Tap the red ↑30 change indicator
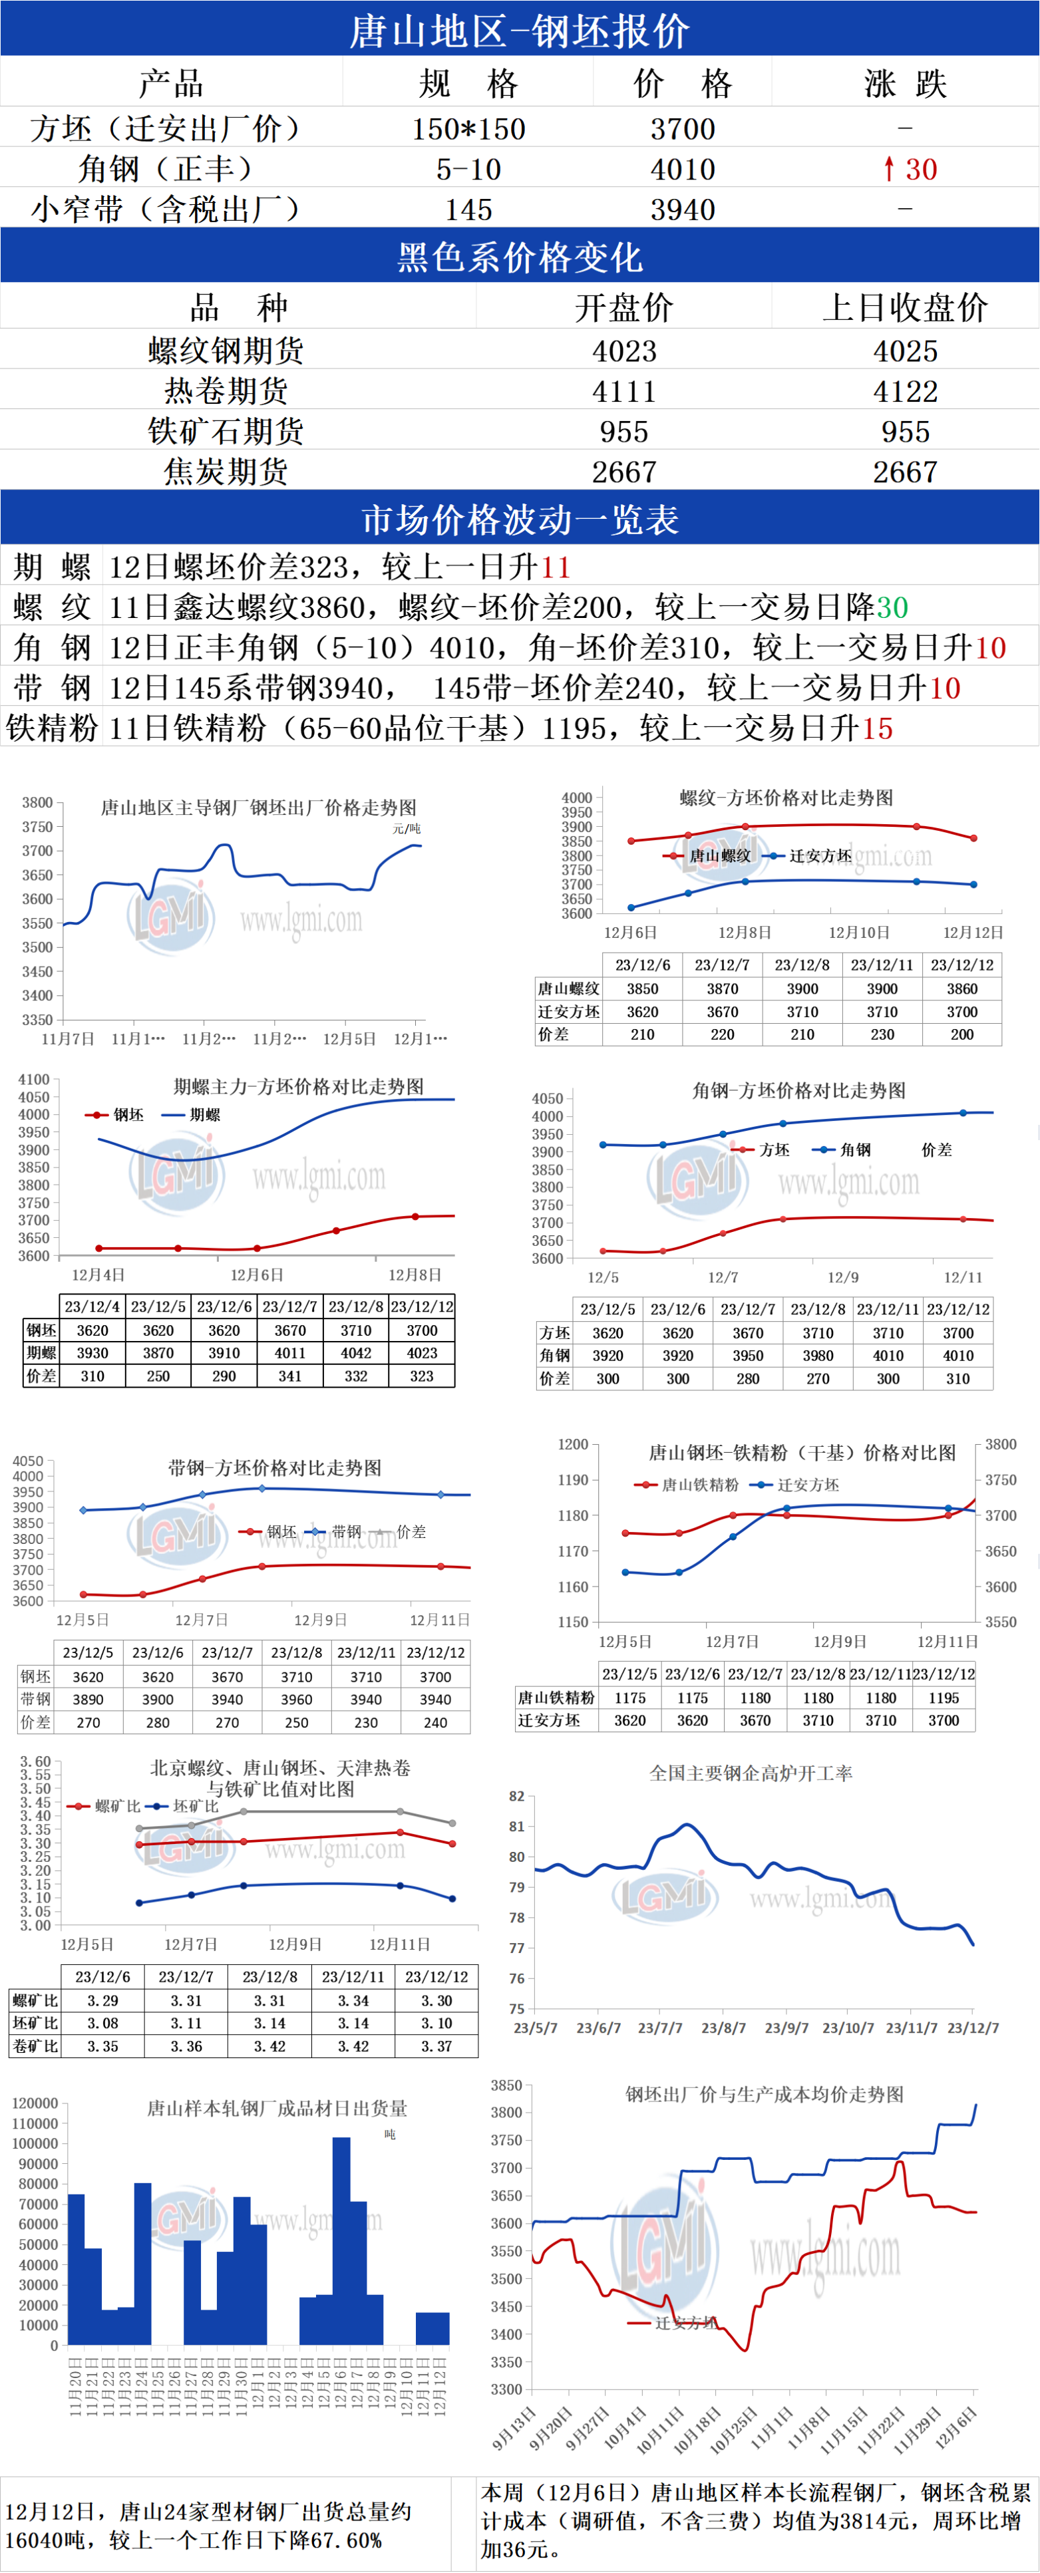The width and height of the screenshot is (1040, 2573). click(x=909, y=169)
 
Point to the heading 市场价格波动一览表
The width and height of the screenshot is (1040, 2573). click(x=520, y=520)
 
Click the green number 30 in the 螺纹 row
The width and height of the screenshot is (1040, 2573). click(x=892, y=607)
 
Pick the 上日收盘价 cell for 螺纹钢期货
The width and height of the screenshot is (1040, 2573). click(x=905, y=351)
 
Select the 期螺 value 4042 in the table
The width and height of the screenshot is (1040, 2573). click(x=356, y=1352)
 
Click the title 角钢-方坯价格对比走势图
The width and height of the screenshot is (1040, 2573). click(x=798, y=1090)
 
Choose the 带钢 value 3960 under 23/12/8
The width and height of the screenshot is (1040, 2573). click(x=297, y=1699)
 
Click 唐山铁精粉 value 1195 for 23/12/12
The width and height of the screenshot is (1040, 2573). click(x=943, y=1697)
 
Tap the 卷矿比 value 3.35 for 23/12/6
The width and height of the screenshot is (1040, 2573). click(x=103, y=2045)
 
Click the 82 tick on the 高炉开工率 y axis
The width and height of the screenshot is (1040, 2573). click(x=516, y=1796)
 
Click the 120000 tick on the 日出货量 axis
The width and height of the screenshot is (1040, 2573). click(x=35, y=2103)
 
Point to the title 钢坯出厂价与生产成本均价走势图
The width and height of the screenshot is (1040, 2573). click(x=765, y=2093)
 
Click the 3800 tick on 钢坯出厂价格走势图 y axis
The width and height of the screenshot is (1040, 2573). click(x=37, y=802)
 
